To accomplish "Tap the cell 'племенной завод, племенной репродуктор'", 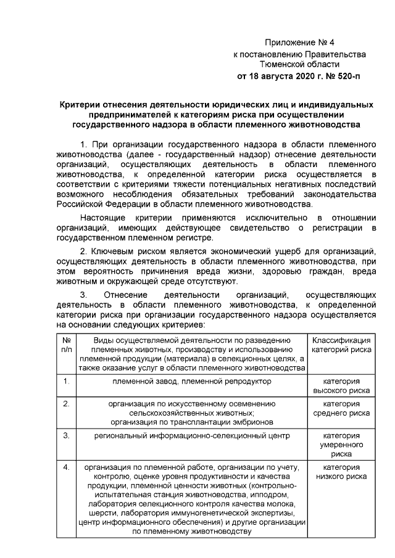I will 191,381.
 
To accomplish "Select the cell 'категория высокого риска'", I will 341,386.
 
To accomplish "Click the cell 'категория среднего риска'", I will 341,408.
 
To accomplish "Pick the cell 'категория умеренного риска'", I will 341,444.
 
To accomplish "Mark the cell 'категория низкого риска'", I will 341,472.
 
